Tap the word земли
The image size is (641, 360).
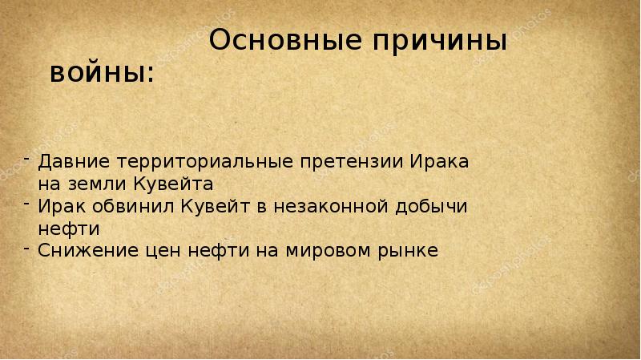tap(89, 182)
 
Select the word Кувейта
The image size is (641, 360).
tap(170, 182)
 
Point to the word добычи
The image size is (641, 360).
tap(433, 205)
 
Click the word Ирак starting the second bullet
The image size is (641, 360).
tap(58, 205)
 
